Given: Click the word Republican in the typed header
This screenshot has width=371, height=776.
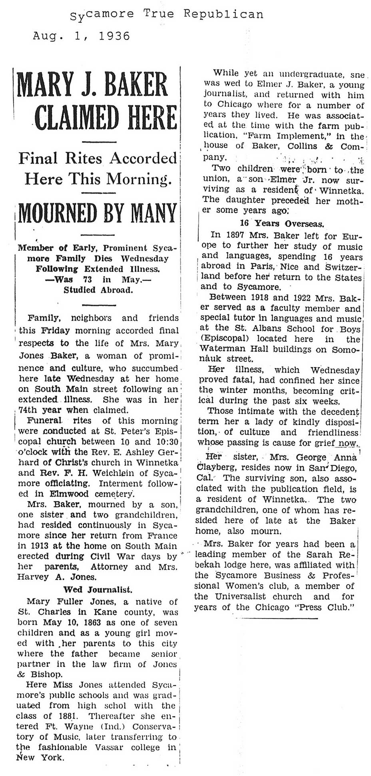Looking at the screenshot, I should coord(223,14).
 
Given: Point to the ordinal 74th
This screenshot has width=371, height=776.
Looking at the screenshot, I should coord(32,409).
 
